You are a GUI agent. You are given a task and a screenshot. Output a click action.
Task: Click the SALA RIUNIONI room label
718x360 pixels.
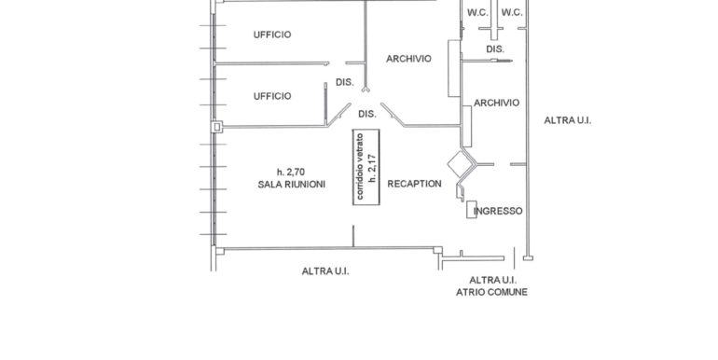pyautogui.click(x=292, y=185)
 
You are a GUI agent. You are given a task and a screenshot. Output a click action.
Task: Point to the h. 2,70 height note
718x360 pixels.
pyautogui.click(x=291, y=172)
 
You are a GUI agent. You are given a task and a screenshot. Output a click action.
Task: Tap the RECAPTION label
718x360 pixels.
pyautogui.click(x=414, y=184)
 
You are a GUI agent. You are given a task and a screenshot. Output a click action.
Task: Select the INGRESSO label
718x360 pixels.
pyautogui.click(x=499, y=212)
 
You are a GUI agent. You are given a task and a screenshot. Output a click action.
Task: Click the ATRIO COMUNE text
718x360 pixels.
pyautogui.click(x=491, y=292)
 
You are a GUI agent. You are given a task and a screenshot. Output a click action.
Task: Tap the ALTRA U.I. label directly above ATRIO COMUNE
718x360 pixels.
pyautogui.click(x=492, y=280)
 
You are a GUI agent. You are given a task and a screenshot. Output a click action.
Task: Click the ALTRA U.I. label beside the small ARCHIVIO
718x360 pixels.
pyautogui.click(x=569, y=120)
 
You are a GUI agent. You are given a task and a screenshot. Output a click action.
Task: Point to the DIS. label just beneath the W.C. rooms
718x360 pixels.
pyautogui.click(x=494, y=48)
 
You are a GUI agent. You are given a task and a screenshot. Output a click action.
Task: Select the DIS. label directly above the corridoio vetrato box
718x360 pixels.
pyautogui.click(x=367, y=114)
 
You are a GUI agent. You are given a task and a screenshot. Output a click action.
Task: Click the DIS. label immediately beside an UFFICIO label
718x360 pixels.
pyautogui.click(x=344, y=83)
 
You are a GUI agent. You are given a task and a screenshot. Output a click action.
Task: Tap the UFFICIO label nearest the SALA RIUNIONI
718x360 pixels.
pyautogui.click(x=272, y=96)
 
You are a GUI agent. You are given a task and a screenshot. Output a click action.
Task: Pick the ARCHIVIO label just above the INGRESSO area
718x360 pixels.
pyautogui.click(x=496, y=103)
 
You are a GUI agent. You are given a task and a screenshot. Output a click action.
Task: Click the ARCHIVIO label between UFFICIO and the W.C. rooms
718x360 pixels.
pyautogui.click(x=409, y=59)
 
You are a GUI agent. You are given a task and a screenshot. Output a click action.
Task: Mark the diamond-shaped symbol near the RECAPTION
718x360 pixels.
pyautogui.click(x=459, y=166)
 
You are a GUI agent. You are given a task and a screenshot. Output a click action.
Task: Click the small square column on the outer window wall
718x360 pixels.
pyautogui.click(x=217, y=127)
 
